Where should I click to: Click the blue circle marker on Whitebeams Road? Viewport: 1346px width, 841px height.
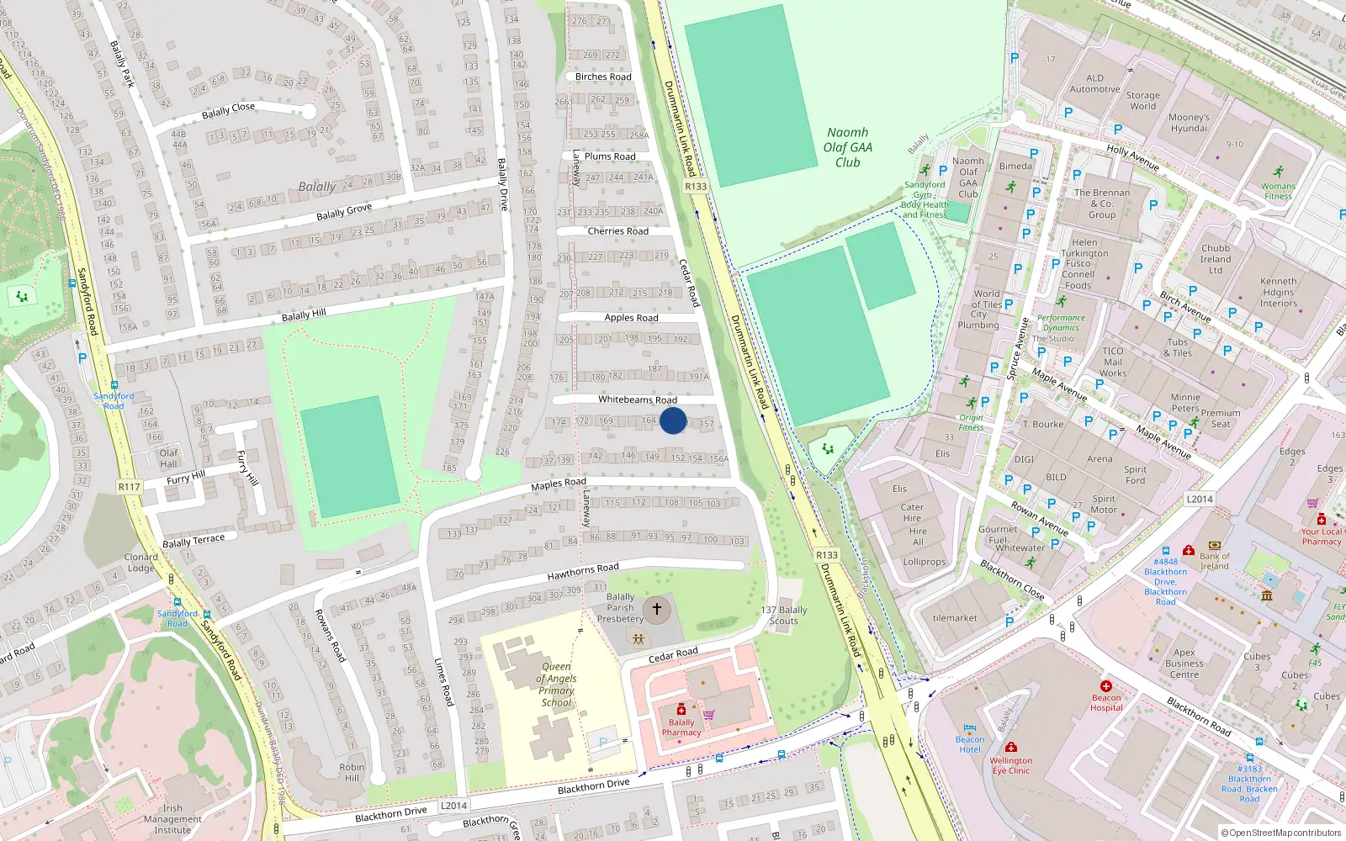[673, 420]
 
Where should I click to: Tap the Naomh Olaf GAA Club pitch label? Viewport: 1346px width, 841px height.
[847, 147]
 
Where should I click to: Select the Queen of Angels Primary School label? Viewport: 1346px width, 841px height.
[556, 685]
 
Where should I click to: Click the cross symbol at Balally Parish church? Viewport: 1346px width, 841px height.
[657, 608]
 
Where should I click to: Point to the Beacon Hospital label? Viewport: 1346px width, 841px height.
[1106, 702]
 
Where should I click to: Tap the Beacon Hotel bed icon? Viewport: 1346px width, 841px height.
[969, 728]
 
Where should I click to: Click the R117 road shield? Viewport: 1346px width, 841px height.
[129, 487]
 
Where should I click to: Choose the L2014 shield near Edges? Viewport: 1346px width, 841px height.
[1200, 499]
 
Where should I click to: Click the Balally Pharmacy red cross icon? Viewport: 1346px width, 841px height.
[681, 710]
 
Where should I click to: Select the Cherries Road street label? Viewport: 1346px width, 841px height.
[617, 231]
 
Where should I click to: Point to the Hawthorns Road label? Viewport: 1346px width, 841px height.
[583, 572]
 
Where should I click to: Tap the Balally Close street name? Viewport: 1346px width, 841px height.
[228, 110]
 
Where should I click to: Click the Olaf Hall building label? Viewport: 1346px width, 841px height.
[169, 458]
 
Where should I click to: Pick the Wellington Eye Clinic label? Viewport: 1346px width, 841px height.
[1011, 765]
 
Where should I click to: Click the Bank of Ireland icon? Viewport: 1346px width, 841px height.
[1214, 546]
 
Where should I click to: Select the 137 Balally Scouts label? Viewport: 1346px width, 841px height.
[783, 616]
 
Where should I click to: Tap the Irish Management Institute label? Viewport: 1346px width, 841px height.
[172, 818]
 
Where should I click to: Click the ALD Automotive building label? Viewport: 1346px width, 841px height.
[1094, 83]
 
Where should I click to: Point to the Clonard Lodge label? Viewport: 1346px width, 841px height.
[140, 562]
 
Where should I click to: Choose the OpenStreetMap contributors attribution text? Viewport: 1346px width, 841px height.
[1281, 833]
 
